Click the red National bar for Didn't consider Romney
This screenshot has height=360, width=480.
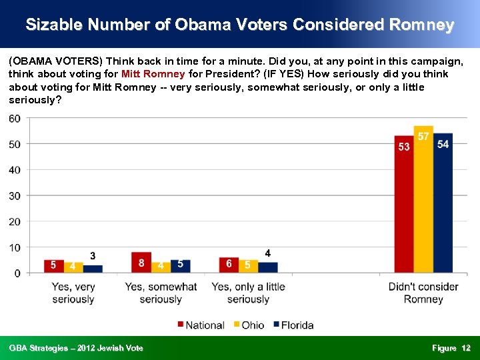point(404,204)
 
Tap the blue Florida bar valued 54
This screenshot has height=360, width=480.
point(443,203)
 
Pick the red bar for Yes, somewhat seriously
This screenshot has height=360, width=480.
point(141,263)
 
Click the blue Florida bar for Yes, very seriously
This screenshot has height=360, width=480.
point(93,269)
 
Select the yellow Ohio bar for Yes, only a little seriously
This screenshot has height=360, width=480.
point(248,266)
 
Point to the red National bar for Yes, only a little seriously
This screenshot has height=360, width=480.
point(229,265)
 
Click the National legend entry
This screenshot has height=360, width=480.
point(200,325)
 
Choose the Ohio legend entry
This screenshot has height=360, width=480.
point(248,325)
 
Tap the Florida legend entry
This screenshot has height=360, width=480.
point(293,325)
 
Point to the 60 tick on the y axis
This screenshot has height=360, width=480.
point(14,119)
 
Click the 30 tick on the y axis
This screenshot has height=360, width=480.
point(14,196)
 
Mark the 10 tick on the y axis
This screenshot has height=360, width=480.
point(14,247)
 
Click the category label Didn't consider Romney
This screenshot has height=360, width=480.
point(423,293)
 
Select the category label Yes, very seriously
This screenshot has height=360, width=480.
point(73,293)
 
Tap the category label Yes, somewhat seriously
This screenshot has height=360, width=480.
point(161,293)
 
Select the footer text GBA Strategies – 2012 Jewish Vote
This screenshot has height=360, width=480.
point(76,348)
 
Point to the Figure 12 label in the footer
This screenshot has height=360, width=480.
point(451,348)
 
